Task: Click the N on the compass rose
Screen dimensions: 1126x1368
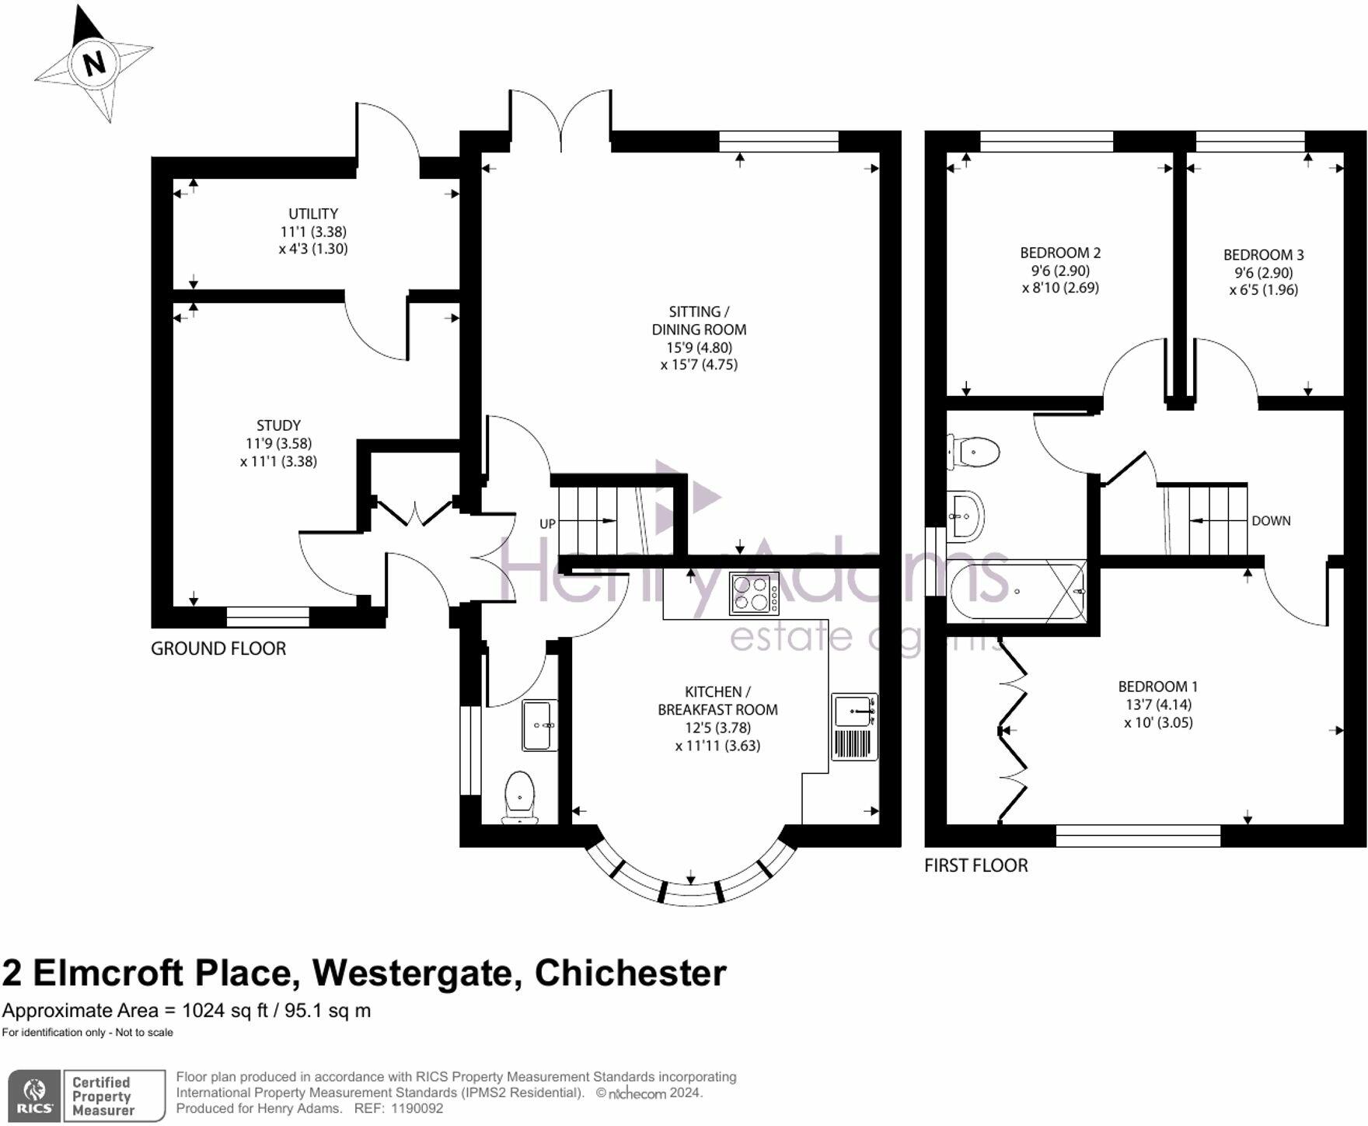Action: (94, 62)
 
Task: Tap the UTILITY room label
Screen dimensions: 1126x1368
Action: (313, 214)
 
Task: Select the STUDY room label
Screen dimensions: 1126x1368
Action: (278, 425)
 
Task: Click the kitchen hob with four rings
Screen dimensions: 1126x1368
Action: (754, 593)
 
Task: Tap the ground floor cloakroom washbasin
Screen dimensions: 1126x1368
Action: (539, 726)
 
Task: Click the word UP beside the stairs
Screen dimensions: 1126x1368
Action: (547, 524)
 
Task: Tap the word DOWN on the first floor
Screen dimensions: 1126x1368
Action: (1271, 521)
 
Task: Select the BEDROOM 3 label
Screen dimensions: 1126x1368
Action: (1263, 255)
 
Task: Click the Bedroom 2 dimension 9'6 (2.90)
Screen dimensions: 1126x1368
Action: (1060, 271)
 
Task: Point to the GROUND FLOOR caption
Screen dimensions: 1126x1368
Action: (218, 649)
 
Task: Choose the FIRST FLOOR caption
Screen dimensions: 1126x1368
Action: (975, 865)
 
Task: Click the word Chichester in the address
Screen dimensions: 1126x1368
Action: (630, 973)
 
